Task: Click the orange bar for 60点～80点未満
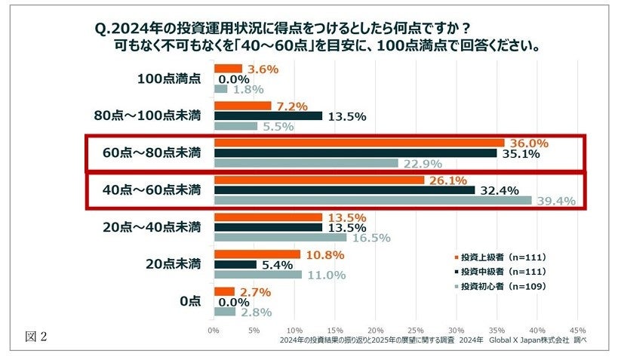coord(359,143)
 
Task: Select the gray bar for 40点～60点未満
coord(374,201)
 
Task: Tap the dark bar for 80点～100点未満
coord(269,116)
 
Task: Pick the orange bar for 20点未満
coord(257,254)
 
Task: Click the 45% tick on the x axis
coord(577,330)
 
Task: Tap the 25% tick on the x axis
coord(415,330)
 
